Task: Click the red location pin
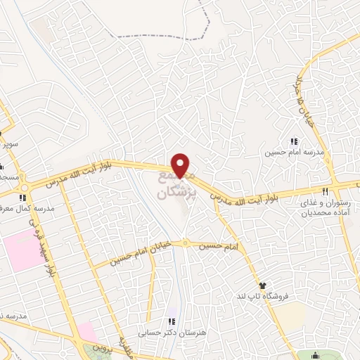tap(181, 165)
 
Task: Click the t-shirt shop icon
tap(262, 286)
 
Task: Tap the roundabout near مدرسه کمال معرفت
tap(26, 186)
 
